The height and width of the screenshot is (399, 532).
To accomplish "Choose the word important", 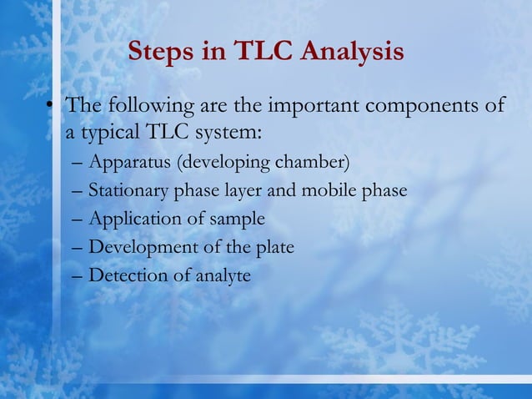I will [313, 107].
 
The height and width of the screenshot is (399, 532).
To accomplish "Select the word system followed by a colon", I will [228, 133].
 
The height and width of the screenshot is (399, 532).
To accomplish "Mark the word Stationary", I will [128, 190].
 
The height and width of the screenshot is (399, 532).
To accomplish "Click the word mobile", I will [329, 190].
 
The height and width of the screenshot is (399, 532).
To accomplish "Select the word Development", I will [138, 247].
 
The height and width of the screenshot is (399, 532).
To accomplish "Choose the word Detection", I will [123, 275].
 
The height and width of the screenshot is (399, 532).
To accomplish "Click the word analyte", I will [223, 275].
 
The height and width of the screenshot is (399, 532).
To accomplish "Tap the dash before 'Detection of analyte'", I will [77, 275].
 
